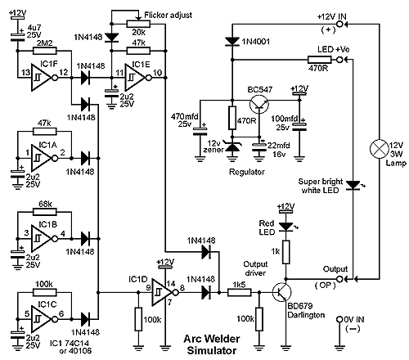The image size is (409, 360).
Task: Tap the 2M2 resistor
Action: point(45,51)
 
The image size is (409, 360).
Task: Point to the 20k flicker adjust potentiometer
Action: point(138,24)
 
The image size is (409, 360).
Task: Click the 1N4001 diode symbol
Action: point(232,42)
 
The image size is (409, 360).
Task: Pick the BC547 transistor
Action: point(259,104)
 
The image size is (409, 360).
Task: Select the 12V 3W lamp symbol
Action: point(379,149)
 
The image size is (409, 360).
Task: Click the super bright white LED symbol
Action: point(353,186)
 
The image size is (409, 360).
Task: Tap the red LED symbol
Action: point(285,226)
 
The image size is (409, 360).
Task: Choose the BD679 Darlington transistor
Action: point(282,292)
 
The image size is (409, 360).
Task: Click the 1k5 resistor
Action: point(240,293)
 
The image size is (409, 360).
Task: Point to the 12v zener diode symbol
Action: point(232,147)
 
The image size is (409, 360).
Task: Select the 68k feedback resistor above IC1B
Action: point(45,212)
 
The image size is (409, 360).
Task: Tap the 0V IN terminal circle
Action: point(339,319)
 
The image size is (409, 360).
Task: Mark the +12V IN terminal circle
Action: point(339,25)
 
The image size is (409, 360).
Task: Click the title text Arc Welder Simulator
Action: point(212,344)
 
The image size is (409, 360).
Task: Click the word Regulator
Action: point(247,172)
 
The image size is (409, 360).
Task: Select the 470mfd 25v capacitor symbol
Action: point(200,132)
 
